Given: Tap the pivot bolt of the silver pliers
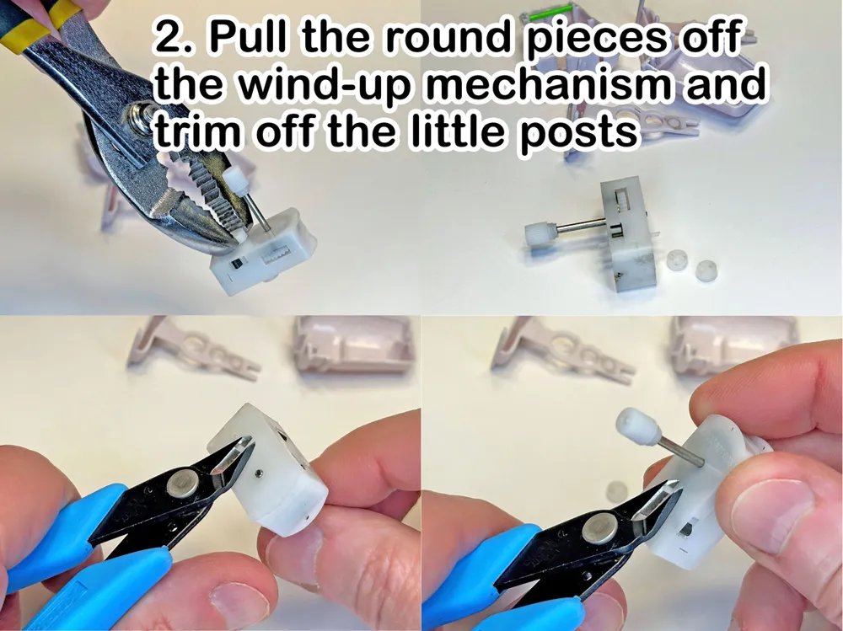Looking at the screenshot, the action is [x=140, y=114].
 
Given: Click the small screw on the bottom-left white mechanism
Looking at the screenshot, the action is [x=260, y=473].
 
